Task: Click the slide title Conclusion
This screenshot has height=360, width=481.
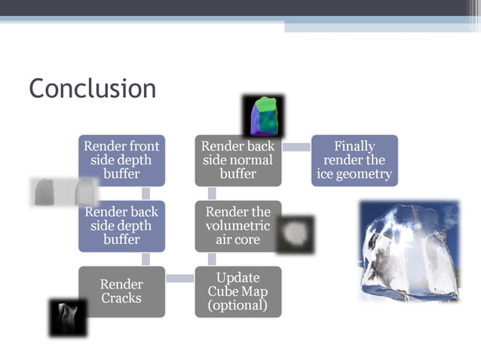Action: [x=93, y=89]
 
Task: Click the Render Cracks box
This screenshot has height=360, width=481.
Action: [x=121, y=291]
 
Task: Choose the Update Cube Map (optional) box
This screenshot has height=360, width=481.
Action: [x=238, y=291]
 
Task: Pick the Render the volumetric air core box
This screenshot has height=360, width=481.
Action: [x=238, y=225]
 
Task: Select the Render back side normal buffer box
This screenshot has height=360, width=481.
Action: [x=238, y=160]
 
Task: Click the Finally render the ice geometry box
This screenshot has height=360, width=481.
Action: [x=354, y=160]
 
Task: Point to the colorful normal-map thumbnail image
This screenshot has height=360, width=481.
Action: [x=264, y=115]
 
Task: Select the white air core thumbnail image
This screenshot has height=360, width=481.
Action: [x=294, y=235]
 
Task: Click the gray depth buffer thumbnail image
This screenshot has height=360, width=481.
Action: [x=64, y=191]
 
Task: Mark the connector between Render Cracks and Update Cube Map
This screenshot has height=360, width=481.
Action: [x=180, y=279]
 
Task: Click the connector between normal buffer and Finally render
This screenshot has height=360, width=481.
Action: [x=296, y=147]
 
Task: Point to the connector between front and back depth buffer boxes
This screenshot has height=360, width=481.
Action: [x=146, y=194]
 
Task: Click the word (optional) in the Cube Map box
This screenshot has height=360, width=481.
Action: [x=237, y=305]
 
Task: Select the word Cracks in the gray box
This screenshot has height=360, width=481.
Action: [x=121, y=298]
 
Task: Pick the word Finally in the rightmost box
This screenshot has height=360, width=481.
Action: [x=354, y=146]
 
